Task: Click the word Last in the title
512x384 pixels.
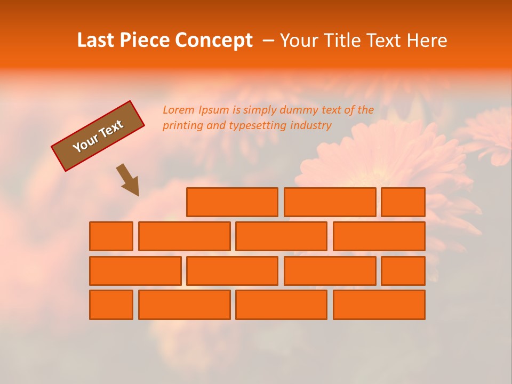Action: [97, 41]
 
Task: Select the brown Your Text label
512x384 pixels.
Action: [98, 136]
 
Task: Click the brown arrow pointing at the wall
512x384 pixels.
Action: [129, 180]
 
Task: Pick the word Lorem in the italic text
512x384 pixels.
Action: [179, 110]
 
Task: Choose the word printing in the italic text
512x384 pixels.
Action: [183, 126]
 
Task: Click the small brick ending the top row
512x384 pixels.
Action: [403, 202]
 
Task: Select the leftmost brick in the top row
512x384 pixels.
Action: [232, 202]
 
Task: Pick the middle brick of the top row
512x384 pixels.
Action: [330, 202]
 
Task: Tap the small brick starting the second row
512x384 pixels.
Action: [111, 236]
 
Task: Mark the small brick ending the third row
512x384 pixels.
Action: [403, 270]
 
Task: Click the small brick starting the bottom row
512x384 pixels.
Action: [111, 305]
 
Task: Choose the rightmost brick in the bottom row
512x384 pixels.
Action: [379, 305]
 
